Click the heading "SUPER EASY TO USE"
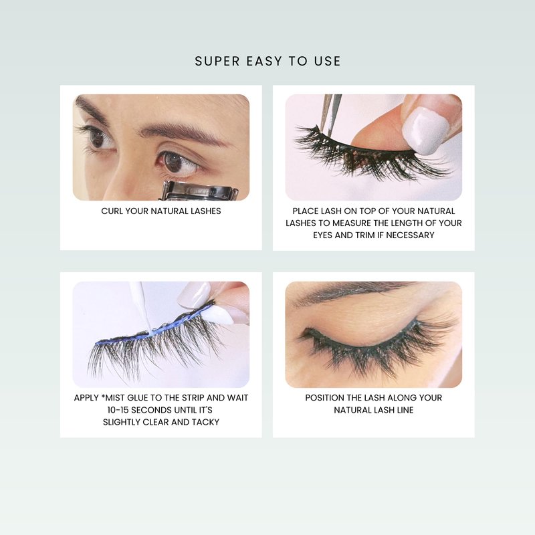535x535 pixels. pyautogui.click(x=267, y=61)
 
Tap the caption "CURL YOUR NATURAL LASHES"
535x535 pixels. pyautogui.click(x=161, y=211)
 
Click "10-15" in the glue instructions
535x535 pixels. pyautogui.click(x=118, y=410)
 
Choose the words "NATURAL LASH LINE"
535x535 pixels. pyautogui.click(x=374, y=410)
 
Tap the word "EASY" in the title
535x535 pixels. pyautogui.click(x=264, y=61)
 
